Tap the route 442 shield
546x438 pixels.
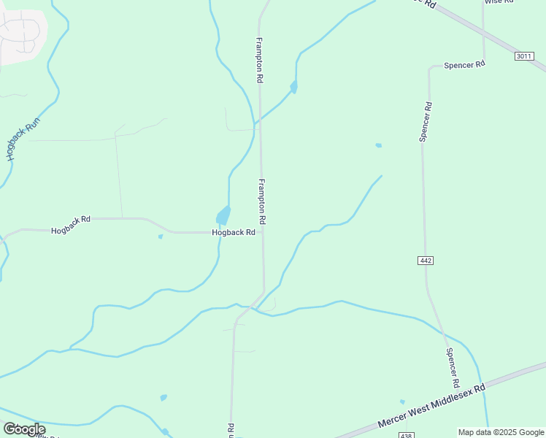click(426, 261)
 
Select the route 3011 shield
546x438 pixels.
click(523, 56)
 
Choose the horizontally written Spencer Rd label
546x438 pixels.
click(464, 65)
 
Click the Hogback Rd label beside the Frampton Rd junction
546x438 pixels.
click(234, 233)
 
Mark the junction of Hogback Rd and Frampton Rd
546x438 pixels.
click(263, 232)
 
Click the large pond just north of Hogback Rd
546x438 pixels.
click(223, 215)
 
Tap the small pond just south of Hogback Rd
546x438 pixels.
click(161, 237)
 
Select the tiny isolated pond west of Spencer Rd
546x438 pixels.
click(378, 145)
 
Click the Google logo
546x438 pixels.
click(24, 429)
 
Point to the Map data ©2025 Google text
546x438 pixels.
click(501, 432)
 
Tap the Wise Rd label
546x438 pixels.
click(499, 2)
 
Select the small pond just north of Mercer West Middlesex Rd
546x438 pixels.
click(402, 401)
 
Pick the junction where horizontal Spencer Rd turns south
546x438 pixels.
click(430, 70)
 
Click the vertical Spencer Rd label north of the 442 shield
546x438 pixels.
click(426, 121)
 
